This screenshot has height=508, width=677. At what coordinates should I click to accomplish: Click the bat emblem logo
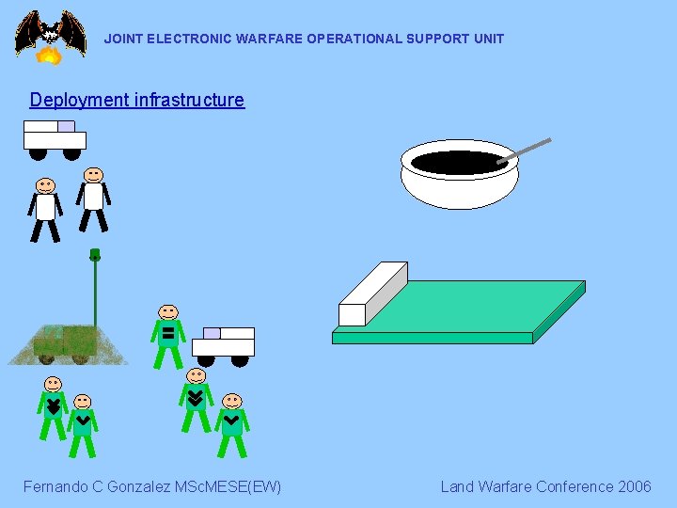49,31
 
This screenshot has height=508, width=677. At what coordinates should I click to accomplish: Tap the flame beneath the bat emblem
49,56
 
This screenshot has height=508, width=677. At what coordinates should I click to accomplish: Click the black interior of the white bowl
459,163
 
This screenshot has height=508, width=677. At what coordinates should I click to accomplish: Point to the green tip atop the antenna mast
95,254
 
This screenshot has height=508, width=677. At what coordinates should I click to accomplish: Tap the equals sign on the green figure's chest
167,333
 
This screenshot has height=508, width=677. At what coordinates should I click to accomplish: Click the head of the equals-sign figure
168,311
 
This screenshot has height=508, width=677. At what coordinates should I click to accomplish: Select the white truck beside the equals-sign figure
224,344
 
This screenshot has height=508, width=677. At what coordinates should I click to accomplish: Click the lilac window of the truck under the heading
66,126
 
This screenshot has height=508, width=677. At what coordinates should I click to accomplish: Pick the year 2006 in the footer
634,486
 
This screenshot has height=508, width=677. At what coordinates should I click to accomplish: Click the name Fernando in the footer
57,486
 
